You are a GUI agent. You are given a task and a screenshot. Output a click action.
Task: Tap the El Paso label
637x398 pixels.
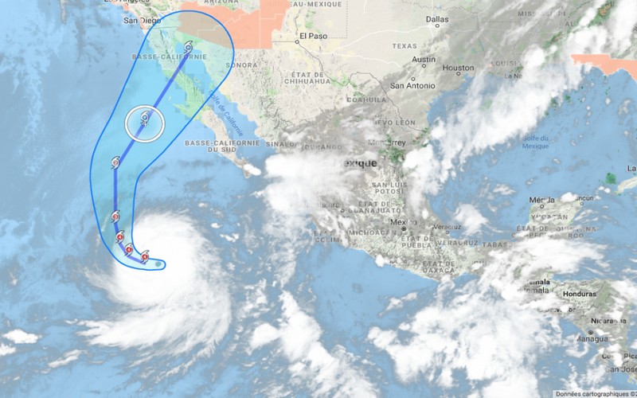pyautogui.click(x=310, y=37)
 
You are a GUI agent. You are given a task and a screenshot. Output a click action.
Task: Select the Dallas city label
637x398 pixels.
pyautogui.click(x=437, y=18)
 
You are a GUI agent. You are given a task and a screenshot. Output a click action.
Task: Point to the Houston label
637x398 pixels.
pyautogui.click(x=458, y=68)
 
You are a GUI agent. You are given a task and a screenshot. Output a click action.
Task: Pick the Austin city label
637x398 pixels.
pyautogui.click(x=424, y=60)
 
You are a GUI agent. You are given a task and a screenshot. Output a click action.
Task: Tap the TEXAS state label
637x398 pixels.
pyautogui.click(x=404, y=45)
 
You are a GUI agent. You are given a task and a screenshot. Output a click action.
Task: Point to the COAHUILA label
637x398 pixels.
pyautogui.click(x=365, y=101)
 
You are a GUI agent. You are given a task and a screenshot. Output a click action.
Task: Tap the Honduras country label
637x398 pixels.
pyautogui.click(x=579, y=294)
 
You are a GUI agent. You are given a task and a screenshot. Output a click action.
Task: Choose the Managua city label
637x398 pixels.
pyautogui.click(x=590, y=338)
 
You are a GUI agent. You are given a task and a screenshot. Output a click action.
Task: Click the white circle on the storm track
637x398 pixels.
pyautogui.click(x=145, y=123)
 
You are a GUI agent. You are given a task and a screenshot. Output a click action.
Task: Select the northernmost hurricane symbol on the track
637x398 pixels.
pyautogui.click(x=188, y=47)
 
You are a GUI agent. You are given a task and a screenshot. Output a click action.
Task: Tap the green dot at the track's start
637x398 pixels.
pyautogui.click(x=158, y=263)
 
